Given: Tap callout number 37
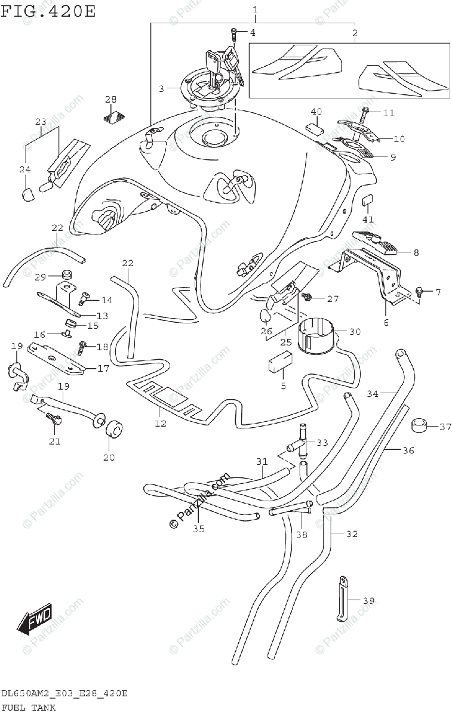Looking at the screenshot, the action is pyautogui.click(x=445, y=427).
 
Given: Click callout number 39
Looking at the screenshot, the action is pyautogui.click(x=368, y=601).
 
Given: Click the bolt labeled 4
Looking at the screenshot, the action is pyautogui.click(x=235, y=32).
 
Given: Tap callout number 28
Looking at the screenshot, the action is pyautogui.click(x=111, y=99).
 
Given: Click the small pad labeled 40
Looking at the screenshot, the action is pyautogui.click(x=316, y=128).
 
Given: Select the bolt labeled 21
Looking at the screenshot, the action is pyautogui.click(x=55, y=419).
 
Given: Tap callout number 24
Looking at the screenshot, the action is pyautogui.click(x=24, y=170).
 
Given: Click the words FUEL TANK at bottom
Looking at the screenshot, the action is pyautogui.click(x=28, y=708).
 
